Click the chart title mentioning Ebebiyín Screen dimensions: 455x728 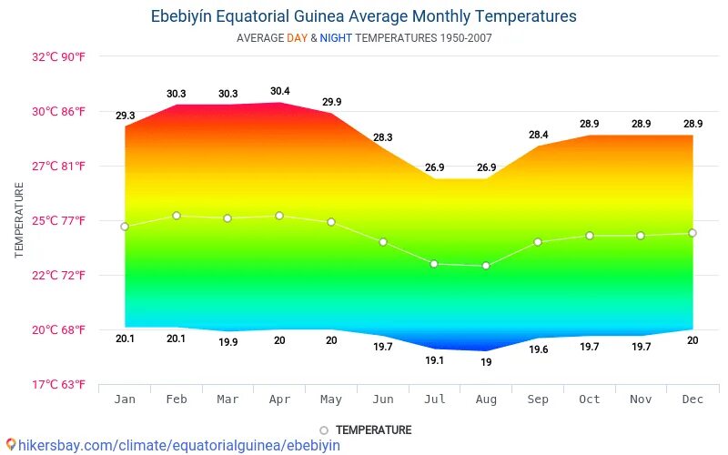coord(363,16)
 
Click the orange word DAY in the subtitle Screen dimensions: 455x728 coord(298,38)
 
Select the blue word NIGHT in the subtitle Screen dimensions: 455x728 coord(335,38)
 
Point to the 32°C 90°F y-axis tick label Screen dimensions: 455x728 coord(58,56)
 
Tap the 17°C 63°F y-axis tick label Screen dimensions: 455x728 coord(58,384)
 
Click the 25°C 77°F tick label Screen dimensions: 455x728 coord(58,220)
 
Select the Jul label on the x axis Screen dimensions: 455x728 coord(434,399)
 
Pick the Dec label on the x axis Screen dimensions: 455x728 coord(693,399)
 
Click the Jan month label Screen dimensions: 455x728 coord(125,399)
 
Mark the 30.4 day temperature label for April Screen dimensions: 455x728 coord(280,91)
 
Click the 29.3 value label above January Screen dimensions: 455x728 coord(125,116)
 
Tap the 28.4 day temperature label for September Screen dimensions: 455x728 coord(538,135)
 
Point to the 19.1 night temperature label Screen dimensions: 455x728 coord(434,360)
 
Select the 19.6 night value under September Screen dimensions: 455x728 coord(538,349)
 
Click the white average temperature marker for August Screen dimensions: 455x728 coord(486,266)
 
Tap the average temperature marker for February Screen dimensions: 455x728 coord(177,216)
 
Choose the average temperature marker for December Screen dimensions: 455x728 coord(693,233)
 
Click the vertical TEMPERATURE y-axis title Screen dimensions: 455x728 coord(19,219)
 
